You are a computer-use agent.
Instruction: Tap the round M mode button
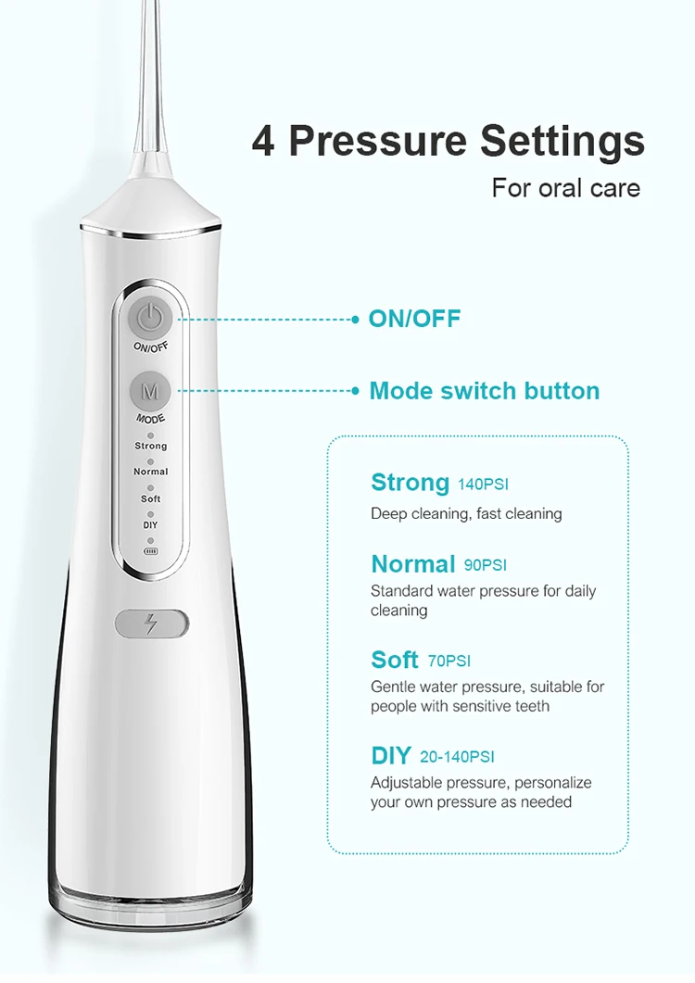point(150,392)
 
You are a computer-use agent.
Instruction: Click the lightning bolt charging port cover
point(152,624)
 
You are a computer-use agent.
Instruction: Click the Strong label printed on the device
point(151,446)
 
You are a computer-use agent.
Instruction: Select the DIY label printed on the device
point(150,525)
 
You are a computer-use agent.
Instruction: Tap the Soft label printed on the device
point(151,498)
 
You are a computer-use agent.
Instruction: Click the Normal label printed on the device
point(151,472)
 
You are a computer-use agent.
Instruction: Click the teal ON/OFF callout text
point(414,319)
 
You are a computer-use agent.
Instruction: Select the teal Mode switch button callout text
point(484,391)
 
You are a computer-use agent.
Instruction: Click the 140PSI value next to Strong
point(483,485)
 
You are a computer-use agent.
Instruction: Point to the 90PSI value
point(486,564)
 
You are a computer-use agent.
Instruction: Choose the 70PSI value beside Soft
point(449,662)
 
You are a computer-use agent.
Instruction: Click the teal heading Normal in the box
point(413,563)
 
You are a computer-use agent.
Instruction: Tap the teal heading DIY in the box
point(391,756)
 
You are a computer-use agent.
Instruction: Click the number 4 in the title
point(263,142)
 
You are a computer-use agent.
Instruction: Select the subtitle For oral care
point(565,188)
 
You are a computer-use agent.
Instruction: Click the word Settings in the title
point(562,142)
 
